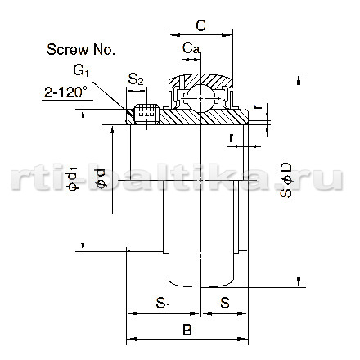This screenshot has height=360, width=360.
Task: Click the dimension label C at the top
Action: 200,25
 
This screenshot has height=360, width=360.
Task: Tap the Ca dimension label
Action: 191,48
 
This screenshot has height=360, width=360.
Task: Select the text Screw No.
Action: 81,50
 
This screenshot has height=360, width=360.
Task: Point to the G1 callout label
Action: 81,70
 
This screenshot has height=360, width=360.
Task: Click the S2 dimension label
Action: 136,79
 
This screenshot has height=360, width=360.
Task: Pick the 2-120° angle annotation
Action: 65,92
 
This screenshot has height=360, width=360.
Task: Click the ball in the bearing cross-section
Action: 201,98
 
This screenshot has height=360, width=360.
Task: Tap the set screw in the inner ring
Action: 147,114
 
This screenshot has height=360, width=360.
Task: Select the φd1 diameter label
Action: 72,179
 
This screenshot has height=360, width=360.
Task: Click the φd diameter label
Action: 100,178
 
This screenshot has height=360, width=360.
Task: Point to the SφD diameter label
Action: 286,180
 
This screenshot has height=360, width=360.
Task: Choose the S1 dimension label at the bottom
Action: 163,304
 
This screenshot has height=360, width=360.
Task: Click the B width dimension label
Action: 187,330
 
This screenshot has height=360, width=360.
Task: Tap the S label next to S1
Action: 225,303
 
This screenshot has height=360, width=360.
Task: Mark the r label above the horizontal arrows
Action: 232,137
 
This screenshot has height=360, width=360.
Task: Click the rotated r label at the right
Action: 258,106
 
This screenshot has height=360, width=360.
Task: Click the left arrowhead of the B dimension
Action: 133,340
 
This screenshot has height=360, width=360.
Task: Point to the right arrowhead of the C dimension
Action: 227,34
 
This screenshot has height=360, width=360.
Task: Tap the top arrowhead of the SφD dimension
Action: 299,80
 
